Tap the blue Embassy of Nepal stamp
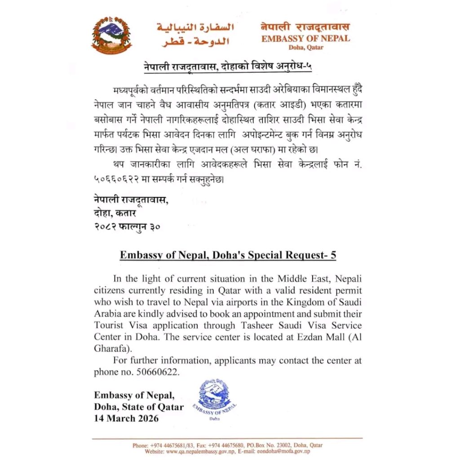(217, 399)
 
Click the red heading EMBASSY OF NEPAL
(305, 38)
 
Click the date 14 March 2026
(126, 419)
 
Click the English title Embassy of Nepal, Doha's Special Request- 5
(228, 255)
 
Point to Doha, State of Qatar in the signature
(139, 407)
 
